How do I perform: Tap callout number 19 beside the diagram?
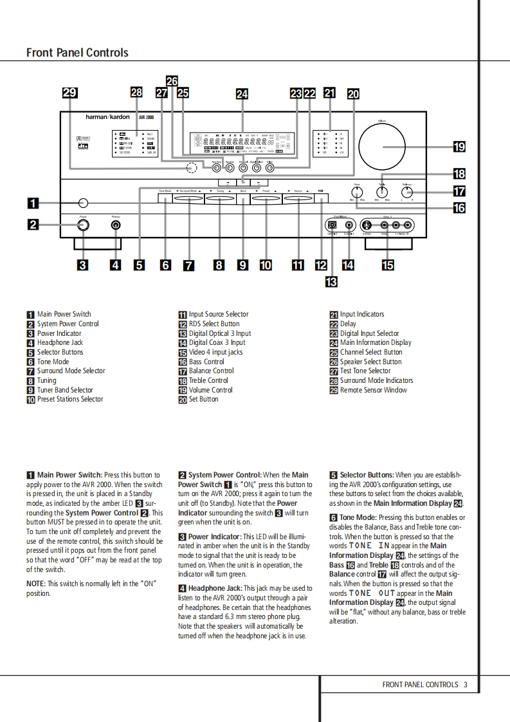click(459, 147)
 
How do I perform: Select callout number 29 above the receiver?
click(69, 93)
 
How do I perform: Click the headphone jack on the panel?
click(116, 225)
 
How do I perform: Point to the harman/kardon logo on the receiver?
click(108, 117)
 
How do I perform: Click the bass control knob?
click(358, 192)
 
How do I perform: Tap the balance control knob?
click(406, 192)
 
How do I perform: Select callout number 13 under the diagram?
click(331, 281)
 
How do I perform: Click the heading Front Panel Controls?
click(77, 53)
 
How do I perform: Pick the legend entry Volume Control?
click(210, 390)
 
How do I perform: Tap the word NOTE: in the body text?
click(36, 584)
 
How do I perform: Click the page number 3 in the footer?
click(465, 685)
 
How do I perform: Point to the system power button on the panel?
click(83, 225)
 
